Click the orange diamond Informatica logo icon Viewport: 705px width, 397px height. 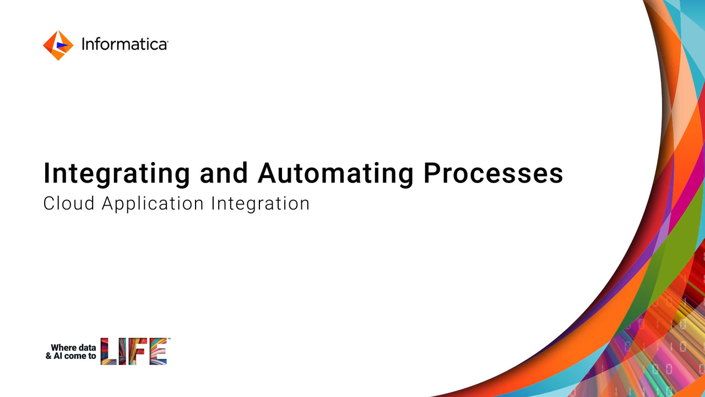tap(58, 45)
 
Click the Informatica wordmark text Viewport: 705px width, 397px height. tap(125, 44)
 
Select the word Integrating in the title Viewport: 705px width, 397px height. tap(117, 174)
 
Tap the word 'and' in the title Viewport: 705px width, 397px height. tap(224, 173)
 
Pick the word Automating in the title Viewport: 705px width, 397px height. tap(335, 174)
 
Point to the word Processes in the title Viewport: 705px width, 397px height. tap(493, 173)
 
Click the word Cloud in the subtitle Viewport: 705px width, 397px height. tap(69, 203)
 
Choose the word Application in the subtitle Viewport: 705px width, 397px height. tap(153, 204)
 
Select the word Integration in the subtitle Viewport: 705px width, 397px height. tap(261, 204)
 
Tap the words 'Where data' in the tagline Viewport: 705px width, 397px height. tap(73, 347)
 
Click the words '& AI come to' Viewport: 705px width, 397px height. tap(71, 356)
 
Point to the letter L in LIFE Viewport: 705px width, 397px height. tap(109, 351)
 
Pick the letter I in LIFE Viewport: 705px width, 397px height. tap(122, 351)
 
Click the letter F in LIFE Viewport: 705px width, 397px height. tap(137, 351)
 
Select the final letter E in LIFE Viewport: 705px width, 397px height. tap(158, 351)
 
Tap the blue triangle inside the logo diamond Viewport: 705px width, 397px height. tap(62, 45)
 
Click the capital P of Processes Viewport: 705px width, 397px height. tap(432, 173)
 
